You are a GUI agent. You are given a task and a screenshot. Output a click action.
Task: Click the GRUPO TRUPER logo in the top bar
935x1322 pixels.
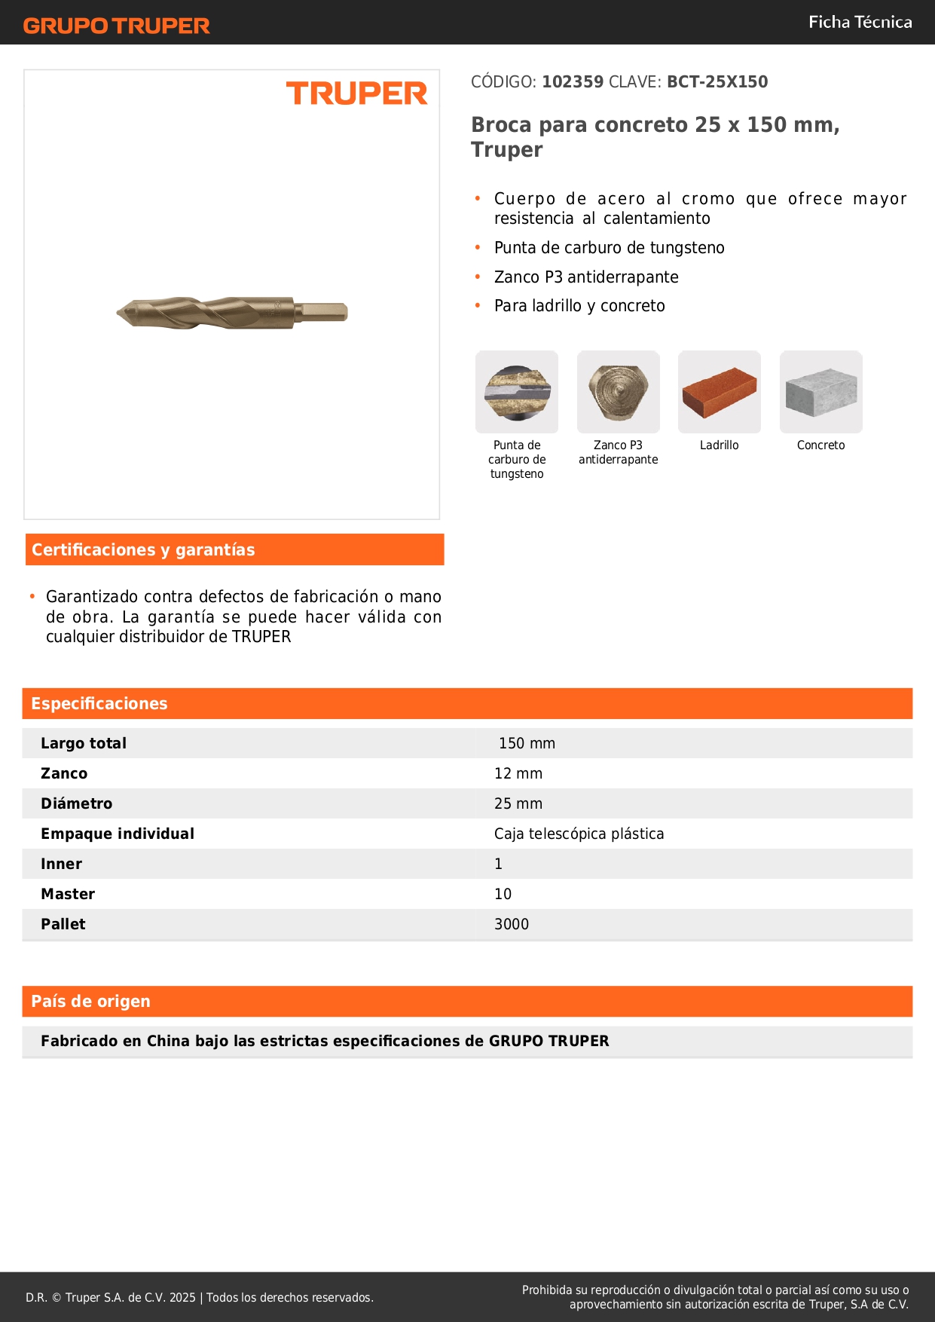tap(116, 26)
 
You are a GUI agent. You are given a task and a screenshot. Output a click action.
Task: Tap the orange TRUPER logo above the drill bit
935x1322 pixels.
tap(356, 93)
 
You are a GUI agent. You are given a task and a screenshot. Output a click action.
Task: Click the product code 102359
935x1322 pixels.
tap(573, 81)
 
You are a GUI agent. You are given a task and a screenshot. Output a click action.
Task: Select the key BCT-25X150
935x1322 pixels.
tap(717, 81)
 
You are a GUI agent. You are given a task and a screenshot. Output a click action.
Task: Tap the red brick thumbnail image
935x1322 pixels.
tap(719, 392)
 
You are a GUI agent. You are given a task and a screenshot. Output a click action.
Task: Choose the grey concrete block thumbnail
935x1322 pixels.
tap(820, 392)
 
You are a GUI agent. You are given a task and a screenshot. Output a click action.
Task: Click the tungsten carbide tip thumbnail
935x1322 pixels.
tap(517, 392)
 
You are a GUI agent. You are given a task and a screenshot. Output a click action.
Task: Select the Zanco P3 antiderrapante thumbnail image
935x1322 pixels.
tap(618, 392)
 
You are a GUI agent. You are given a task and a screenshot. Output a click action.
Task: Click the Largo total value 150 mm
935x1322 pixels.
tap(527, 743)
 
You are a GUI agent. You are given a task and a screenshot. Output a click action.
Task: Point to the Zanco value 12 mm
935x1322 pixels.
tap(518, 773)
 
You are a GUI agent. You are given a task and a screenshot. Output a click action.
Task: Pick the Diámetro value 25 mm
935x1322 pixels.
tap(518, 803)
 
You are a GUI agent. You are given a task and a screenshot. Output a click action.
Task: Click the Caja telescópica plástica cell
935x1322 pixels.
tap(579, 834)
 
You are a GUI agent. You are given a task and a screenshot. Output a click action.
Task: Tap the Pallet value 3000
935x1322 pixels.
tap(512, 924)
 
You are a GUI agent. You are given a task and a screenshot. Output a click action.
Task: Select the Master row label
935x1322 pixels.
tap(68, 894)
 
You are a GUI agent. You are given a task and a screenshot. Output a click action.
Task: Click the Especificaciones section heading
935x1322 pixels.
tap(99, 703)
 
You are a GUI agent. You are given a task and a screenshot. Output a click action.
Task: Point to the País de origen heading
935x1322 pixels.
tap(90, 1001)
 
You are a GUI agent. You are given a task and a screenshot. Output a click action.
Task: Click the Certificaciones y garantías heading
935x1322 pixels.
tap(143, 549)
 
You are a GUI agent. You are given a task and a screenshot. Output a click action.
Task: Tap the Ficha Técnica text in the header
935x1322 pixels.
tap(860, 22)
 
